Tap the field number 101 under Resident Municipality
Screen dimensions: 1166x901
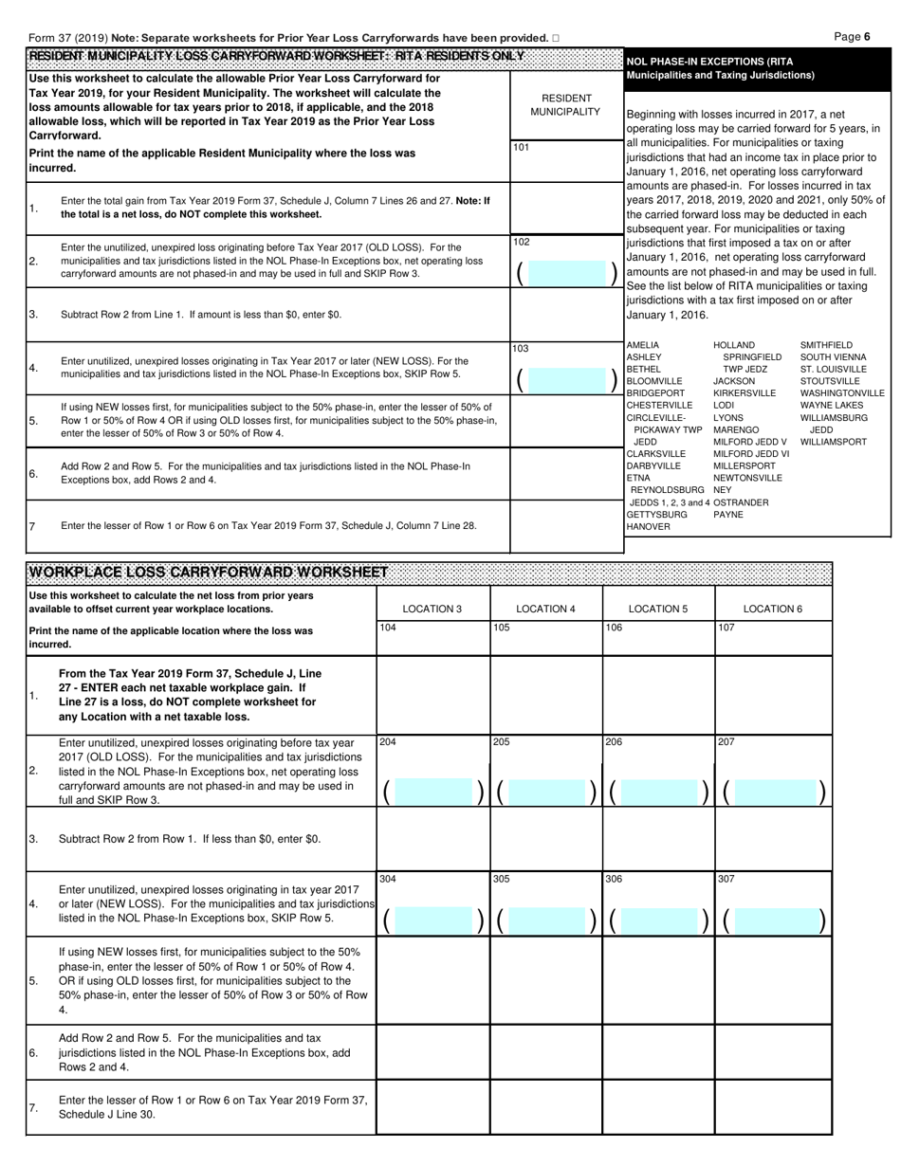coord(522,148)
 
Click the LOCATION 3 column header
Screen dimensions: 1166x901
coord(432,609)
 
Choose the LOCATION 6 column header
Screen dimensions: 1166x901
coord(773,609)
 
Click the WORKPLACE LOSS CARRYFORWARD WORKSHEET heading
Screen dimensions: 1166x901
coord(208,572)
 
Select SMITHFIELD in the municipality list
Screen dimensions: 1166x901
coord(827,345)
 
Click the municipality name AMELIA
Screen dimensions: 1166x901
coord(643,345)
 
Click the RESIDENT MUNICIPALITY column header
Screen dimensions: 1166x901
coord(566,105)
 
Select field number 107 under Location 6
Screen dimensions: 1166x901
coord(726,628)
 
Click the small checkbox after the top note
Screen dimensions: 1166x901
coord(556,38)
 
